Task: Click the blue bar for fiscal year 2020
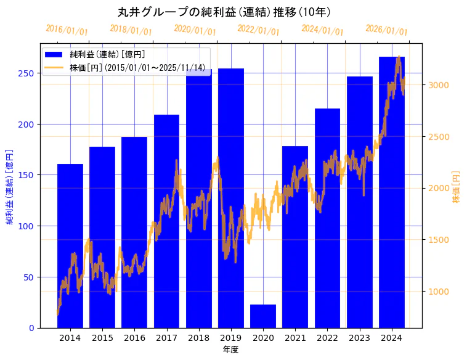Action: point(263,316)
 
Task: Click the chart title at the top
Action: point(224,12)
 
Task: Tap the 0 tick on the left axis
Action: point(31,328)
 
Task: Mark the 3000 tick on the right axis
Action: point(438,85)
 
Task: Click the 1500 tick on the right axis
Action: point(438,240)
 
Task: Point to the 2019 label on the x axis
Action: point(231,338)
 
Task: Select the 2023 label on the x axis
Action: point(359,338)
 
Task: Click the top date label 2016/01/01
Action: point(67,30)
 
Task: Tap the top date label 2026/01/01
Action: point(386,30)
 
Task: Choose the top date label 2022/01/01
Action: point(258,30)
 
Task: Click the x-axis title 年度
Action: point(230,350)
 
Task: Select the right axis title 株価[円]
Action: point(457,187)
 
